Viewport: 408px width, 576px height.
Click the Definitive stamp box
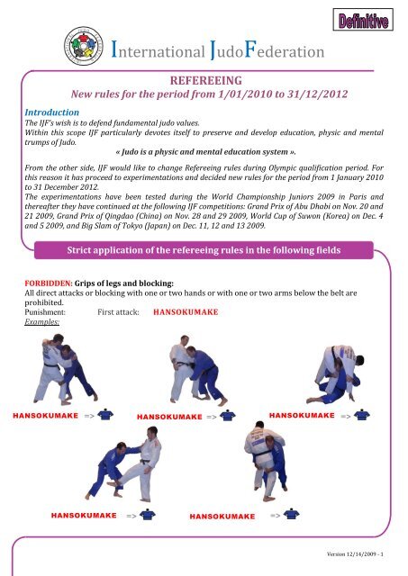pyautogui.click(x=363, y=20)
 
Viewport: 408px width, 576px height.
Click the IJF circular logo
pyautogui.click(x=84, y=46)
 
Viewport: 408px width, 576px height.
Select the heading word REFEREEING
pyautogui.click(x=206, y=81)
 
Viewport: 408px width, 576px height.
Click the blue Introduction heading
pyautogui.click(x=52, y=112)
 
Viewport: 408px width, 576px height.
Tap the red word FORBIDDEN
pyautogui.click(x=49, y=283)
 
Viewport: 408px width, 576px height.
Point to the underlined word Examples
pyautogui.click(x=42, y=322)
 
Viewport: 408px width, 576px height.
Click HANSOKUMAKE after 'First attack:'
pyautogui.click(x=186, y=312)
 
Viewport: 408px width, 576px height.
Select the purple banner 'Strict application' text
pyautogui.click(x=204, y=250)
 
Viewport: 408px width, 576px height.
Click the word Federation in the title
pyautogui.click(x=284, y=50)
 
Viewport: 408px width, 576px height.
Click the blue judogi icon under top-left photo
pyautogui.click(x=105, y=414)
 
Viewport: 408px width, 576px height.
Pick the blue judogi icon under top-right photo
pyautogui.click(x=362, y=415)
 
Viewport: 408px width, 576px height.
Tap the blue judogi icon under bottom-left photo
pyautogui.click(x=148, y=514)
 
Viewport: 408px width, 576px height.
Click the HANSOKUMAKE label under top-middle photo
pyautogui.click(x=169, y=417)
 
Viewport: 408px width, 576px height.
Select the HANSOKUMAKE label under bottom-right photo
pyautogui.click(x=222, y=517)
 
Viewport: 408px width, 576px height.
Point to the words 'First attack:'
pyautogui.click(x=118, y=312)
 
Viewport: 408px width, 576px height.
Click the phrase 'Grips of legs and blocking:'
pyautogui.click(x=124, y=283)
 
